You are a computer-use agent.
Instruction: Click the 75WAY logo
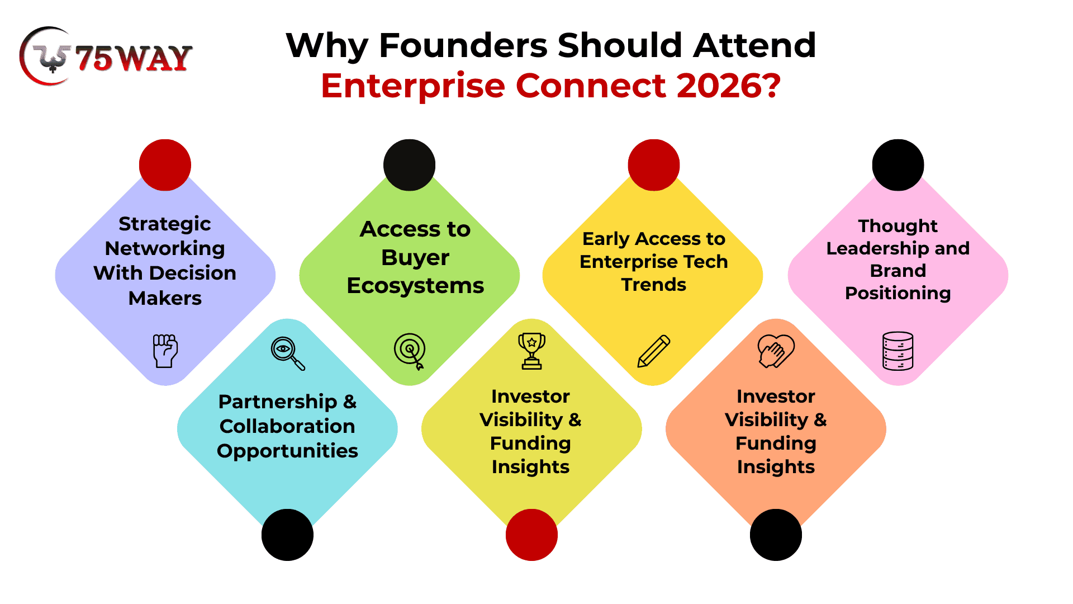pyautogui.click(x=106, y=56)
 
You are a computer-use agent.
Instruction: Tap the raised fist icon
pyautogui.click(x=165, y=351)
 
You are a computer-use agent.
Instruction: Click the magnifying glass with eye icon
pyautogui.click(x=288, y=353)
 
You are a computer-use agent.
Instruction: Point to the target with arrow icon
pyautogui.click(x=410, y=351)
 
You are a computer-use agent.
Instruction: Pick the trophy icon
pyautogui.click(x=531, y=351)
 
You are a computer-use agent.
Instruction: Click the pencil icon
pyautogui.click(x=654, y=351)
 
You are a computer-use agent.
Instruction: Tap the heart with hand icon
pyautogui.click(x=776, y=351)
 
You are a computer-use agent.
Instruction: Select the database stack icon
pyautogui.click(x=898, y=351)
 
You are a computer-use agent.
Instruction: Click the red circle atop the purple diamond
pyautogui.click(x=165, y=165)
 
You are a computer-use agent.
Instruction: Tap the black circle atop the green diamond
pyautogui.click(x=409, y=165)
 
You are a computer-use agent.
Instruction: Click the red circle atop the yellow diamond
pyautogui.click(x=654, y=165)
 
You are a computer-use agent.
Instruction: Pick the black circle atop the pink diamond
pyautogui.click(x=898, y=165)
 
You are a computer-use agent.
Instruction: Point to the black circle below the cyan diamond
pyautogui.click(x=287, y=535)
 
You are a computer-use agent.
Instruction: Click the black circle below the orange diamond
pyautogui.click(x=776, y=535)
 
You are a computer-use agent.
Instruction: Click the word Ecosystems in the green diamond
pyautogui.click(x=415, y=286)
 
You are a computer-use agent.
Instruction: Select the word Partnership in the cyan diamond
pyautogui.click(x=278, y=402)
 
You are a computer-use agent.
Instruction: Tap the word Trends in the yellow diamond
pyautogui.click(x=654, y=285)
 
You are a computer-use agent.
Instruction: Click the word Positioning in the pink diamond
pyautogui.click(x=898, y=293)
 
